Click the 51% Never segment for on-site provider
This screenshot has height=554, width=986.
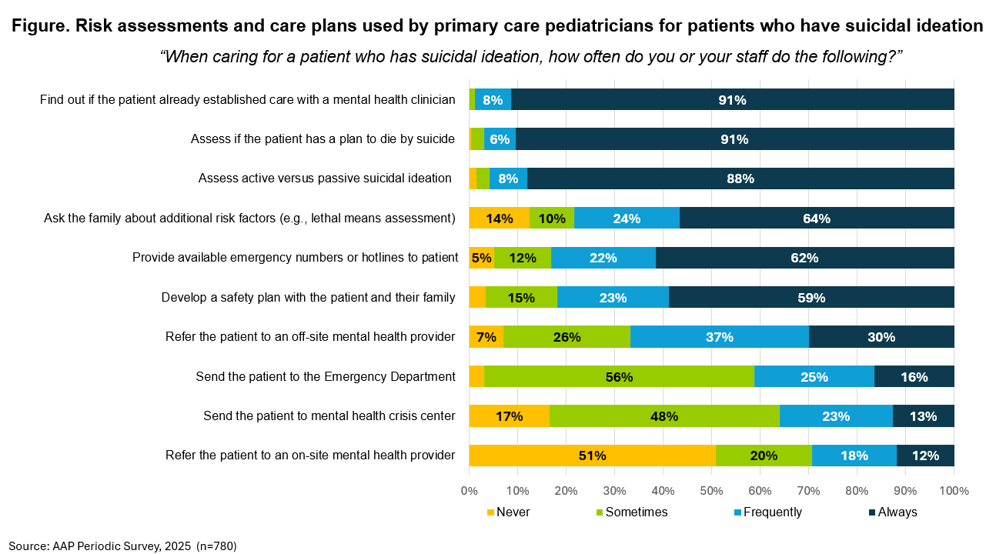(x=593, y=456)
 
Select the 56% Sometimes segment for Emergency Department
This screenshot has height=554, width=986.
(x=619, y=377)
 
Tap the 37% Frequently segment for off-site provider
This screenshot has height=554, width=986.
(x=719, y=337)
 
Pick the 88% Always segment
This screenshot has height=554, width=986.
(x=740, y=179)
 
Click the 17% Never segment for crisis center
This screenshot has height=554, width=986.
(x=510, y=415)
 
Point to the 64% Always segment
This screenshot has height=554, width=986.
(x=817, y=219)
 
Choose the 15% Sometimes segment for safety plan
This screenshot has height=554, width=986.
(x=521, y=298)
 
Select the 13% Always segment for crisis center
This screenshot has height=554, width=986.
(x=924, y=415)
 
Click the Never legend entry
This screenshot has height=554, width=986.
(x=509, y=512)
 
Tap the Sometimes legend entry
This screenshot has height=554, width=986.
(x=632, y=512)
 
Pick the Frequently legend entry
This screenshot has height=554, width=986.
(x=767, y=512)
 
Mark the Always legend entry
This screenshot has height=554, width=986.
(x=893, y=512)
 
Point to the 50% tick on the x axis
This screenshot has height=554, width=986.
(x=711, y=491)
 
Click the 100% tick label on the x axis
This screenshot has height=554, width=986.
(x=954, y=491)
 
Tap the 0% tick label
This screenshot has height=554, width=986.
(x=470, y=491)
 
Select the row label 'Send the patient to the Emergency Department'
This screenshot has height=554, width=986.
(x=326, y=377)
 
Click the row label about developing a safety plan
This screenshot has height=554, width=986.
(x=308, y=298)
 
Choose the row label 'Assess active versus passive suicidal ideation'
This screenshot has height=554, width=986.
(x=325, y=179)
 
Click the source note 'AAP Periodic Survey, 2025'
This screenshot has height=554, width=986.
(x=122, y=546)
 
